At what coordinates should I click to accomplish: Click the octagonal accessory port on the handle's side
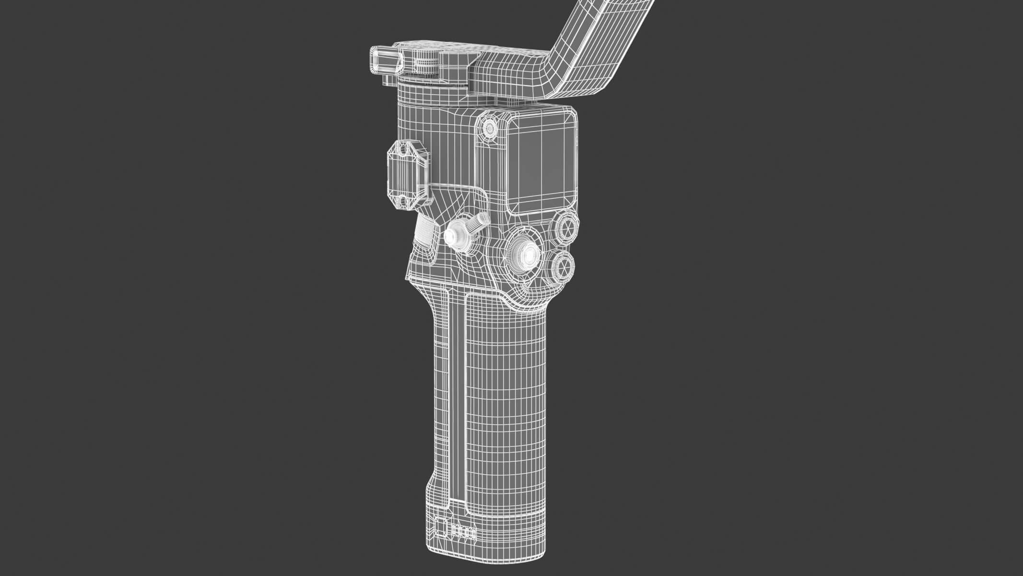(408, 175)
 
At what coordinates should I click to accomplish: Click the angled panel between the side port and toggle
(451, 202)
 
